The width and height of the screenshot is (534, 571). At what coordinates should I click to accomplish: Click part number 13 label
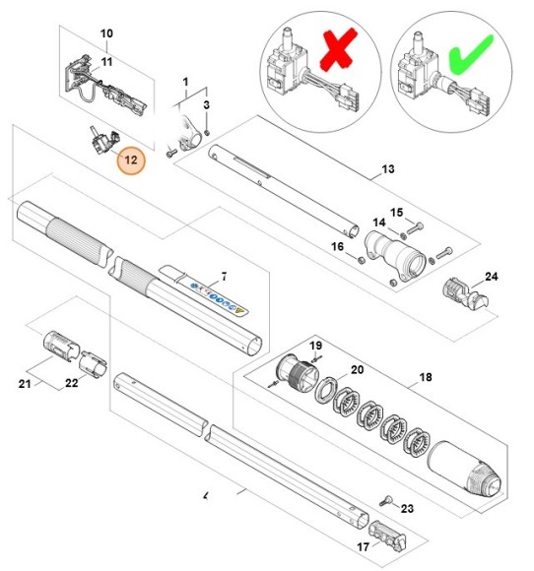point(387,170)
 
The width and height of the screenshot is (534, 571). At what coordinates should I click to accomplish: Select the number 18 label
point(426,378)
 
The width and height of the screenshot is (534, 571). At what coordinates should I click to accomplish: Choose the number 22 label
point(71,384)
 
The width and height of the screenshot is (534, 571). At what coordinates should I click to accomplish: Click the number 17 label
point(363,548)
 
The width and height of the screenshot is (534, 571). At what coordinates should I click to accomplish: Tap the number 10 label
point(107,33)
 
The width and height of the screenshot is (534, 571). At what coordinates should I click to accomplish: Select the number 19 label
point(316,346)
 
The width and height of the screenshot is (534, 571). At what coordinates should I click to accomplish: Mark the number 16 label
point(337,246)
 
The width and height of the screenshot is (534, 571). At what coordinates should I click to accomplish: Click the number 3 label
point(206,104)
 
